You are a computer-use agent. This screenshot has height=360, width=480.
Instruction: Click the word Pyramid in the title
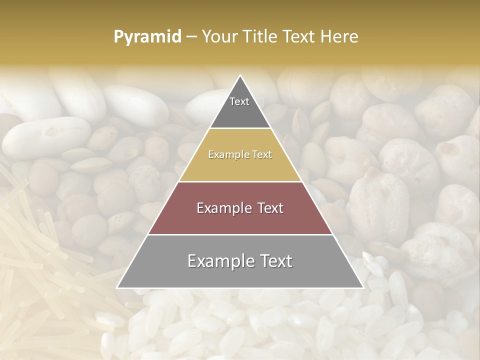[147, 37]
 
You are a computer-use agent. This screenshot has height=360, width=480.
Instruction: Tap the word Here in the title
[340, 37]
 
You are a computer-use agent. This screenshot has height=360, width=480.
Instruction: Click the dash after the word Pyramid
[191, 37]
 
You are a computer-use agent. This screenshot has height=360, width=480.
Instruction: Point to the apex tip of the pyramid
[240, 76]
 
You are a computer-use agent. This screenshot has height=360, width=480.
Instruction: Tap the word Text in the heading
[301, 37]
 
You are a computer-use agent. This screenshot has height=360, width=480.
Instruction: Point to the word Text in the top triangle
[239, 101]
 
